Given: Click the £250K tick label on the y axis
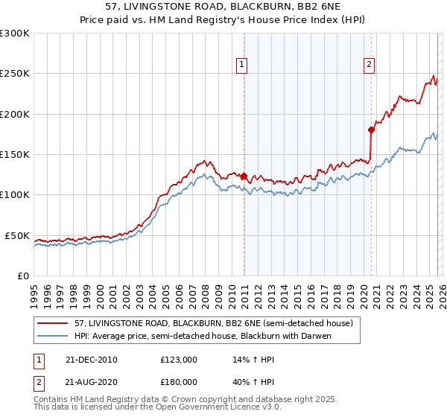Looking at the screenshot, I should point(14,74).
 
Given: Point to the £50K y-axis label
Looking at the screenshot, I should point(17,235).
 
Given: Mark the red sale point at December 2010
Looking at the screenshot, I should point(244,176).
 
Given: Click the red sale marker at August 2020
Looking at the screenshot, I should point(371,130).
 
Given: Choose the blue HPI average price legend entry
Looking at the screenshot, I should point(201,336).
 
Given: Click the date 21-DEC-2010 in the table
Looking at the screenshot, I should point(91,360).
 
